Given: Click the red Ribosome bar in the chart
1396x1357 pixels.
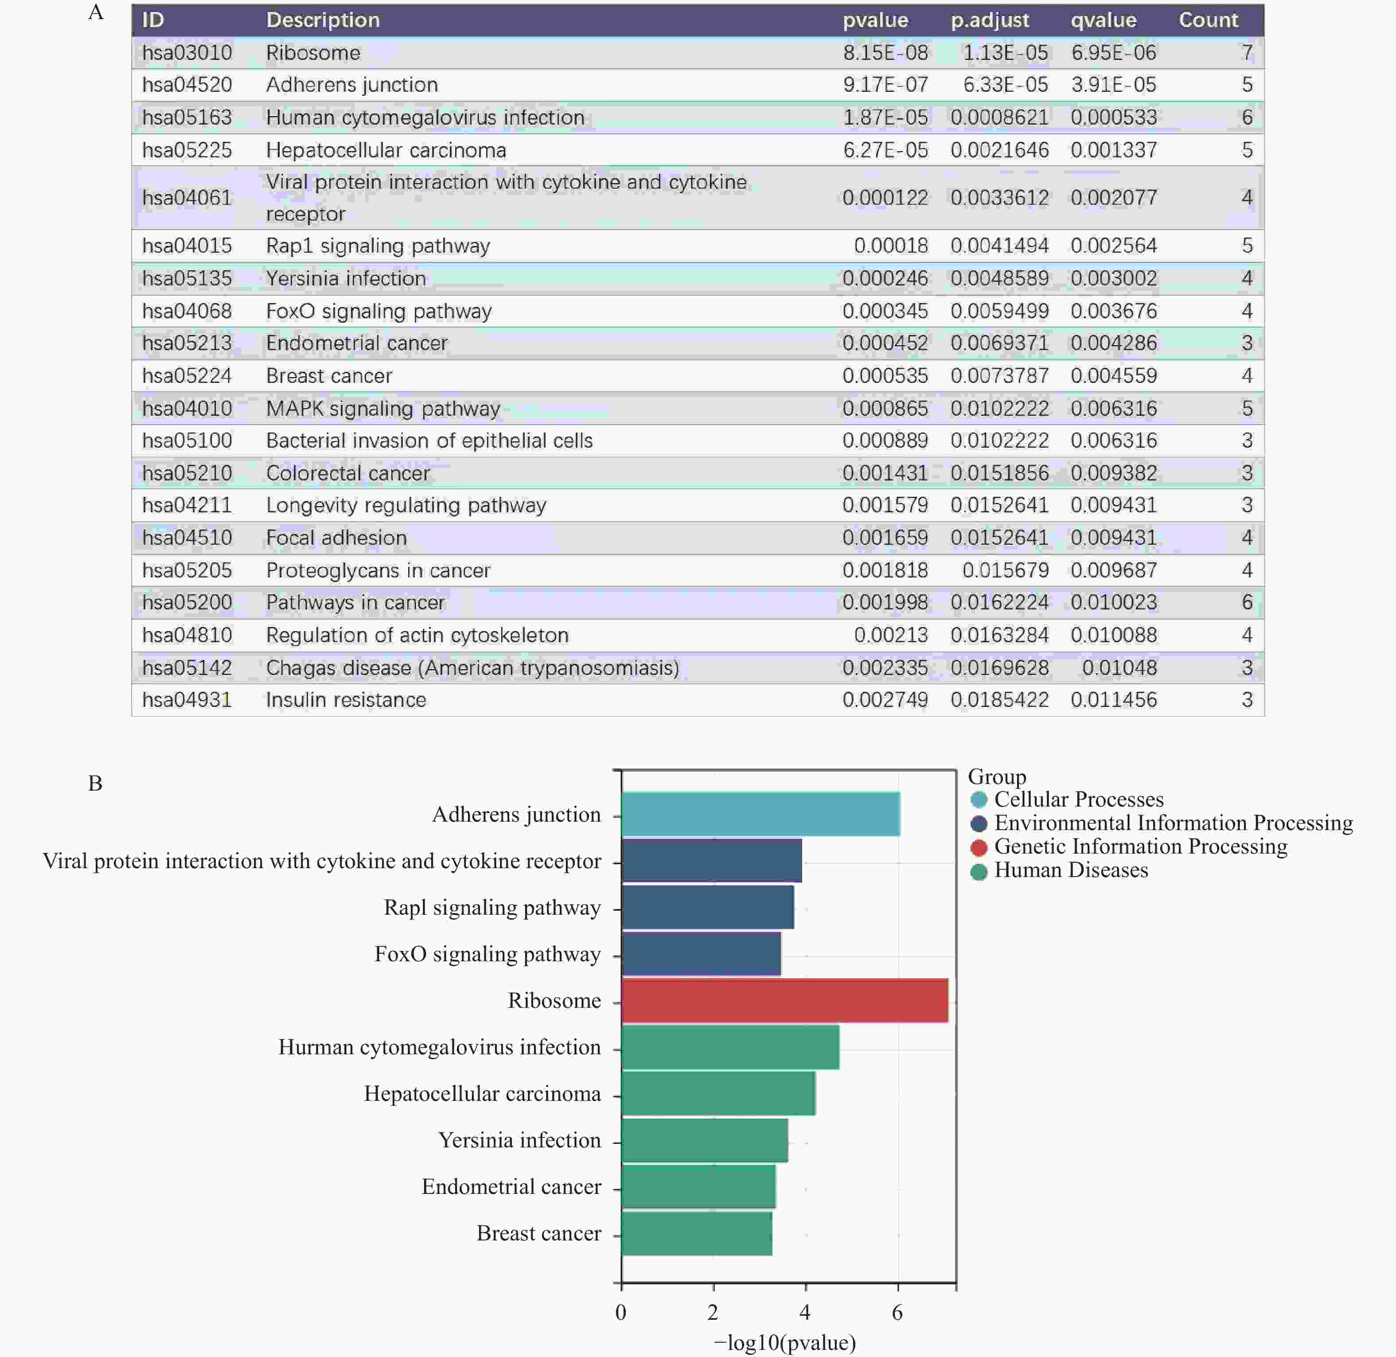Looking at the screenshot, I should click(x=784, y=1001).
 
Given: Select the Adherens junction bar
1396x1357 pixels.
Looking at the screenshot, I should click(x=760, y=814).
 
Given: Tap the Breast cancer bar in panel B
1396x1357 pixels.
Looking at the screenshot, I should click(x=696, y=1234).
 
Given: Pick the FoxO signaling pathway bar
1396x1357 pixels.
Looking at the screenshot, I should click(x=701, y=954).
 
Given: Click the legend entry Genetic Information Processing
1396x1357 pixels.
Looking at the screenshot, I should click(x=1140, y=847).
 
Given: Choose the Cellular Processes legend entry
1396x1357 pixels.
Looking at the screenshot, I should click(x=1078, y=799).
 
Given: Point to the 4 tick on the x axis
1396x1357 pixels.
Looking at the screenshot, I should click(x=805, y=1312).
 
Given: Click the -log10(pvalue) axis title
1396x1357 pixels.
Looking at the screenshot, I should click(x=784, y=1343).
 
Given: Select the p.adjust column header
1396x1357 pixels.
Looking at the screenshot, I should click(x=990, y=20).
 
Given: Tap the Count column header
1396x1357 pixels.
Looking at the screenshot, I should click(x=1209, y=20).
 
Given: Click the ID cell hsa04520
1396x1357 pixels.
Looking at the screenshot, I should click(x=187, y=85).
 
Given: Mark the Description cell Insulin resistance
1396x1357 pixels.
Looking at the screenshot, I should click(x=346, y=700).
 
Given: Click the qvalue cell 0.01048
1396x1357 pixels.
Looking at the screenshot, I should click(x=1119, y=668).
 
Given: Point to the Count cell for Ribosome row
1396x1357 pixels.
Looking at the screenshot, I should click(x=1246, y=53).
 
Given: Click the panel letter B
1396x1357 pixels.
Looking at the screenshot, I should click(x=95, y=783).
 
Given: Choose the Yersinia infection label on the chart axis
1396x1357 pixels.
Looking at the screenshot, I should click(x=519, y=1140).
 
